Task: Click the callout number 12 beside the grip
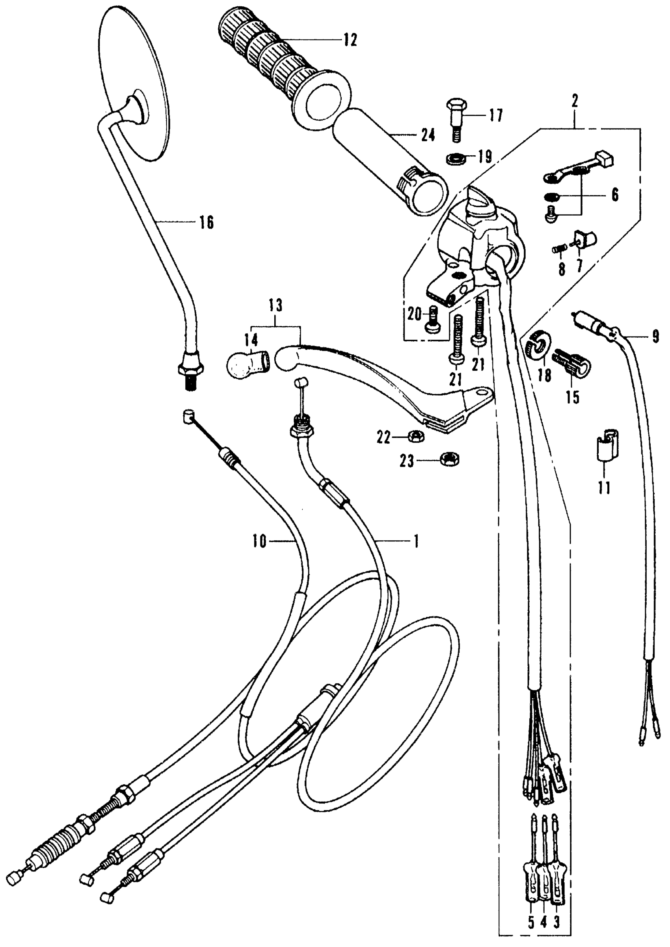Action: pyautogui.click(x=350, y=41)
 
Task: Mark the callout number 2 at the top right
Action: pyautogui.click(x=575, y=100)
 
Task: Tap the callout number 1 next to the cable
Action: pyautogui.click(x=416, y=541)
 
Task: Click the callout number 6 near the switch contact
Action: pyautogui.click(x=615, y=194)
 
